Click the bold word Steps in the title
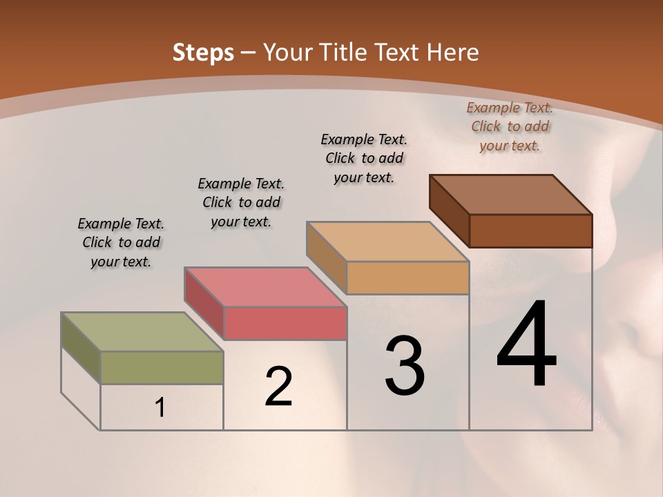click(203, 52)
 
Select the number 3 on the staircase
click(405, 366)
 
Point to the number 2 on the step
click(279, 387)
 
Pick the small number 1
click(160, 408)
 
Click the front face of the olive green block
click(162, 367)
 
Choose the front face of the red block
click(285, 323)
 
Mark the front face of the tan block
click(407, 277)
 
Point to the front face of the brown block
click(530, 231)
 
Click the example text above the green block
click(121, 242)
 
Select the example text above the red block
click(241, 202)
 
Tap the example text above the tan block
click(364, 158)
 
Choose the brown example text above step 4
click(510, 126)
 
